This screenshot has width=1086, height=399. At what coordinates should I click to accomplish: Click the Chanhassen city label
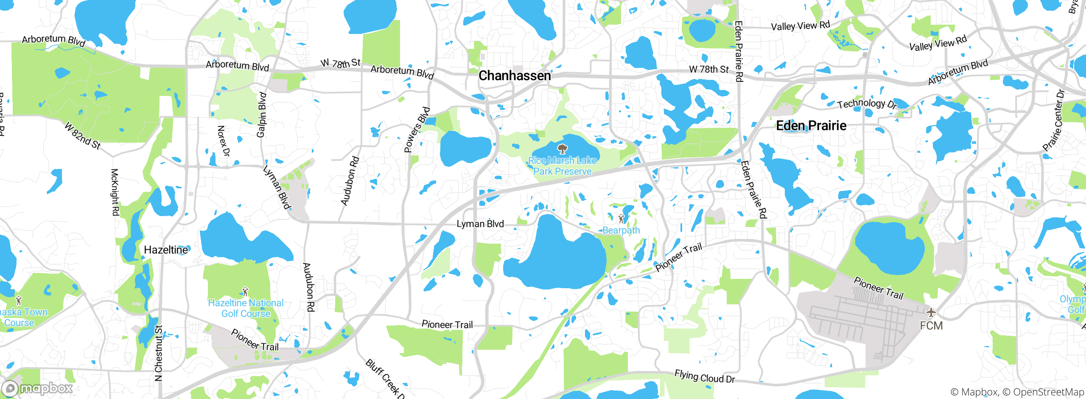515,76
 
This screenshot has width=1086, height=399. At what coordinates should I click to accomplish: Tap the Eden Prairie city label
811,126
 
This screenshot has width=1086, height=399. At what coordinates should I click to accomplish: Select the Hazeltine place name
166,250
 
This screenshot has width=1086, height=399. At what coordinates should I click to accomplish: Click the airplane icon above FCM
931,313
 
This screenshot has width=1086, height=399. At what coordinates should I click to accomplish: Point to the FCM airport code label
931,326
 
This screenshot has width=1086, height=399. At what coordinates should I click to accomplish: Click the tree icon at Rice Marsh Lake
563,149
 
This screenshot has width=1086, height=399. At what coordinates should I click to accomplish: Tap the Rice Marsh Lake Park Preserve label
563,166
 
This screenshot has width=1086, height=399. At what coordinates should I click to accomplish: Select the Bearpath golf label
621,230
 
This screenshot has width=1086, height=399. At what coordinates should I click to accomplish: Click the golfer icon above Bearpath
621,219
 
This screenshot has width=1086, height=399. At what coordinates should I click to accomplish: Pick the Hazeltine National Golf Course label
246,308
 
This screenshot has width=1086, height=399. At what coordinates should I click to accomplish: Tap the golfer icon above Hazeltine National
245,292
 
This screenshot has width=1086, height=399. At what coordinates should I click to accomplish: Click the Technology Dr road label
867,104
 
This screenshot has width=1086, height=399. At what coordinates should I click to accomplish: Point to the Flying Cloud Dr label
705,377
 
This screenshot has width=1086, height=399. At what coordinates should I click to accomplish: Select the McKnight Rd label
115,192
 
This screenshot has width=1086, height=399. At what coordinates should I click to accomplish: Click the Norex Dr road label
223,141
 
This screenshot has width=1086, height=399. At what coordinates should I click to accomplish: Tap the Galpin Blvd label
261,115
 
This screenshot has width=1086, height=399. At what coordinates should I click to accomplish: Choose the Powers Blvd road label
417,129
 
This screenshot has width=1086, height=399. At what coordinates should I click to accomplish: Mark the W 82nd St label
83,136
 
